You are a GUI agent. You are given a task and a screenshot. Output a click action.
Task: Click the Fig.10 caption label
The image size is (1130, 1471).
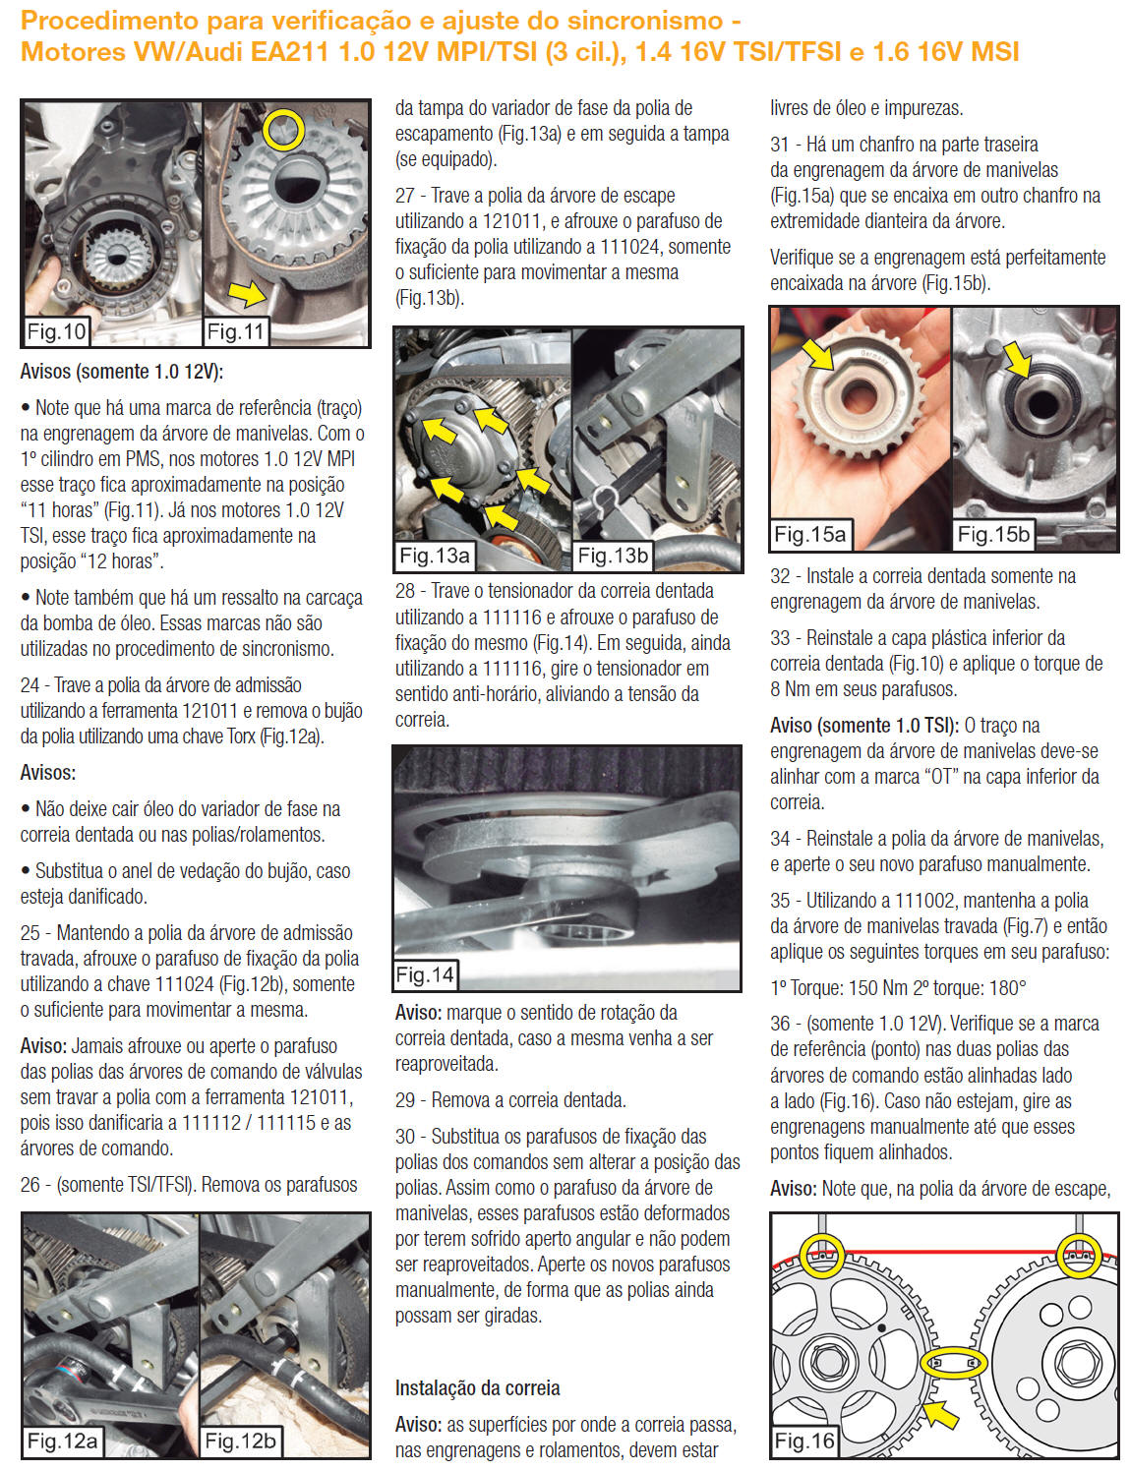56,331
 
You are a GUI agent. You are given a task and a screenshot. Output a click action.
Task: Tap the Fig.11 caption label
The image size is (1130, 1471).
236,331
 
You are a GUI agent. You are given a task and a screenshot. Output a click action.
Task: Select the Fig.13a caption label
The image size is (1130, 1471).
434,556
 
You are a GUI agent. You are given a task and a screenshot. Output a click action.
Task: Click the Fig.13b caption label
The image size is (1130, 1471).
613,556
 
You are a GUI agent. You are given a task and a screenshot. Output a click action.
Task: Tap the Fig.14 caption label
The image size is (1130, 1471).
425,974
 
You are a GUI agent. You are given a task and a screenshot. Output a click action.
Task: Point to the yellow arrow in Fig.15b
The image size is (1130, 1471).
1018,362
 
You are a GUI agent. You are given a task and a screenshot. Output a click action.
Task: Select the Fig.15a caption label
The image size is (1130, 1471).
809,534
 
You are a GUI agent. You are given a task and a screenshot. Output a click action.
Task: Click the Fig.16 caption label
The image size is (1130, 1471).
804,1442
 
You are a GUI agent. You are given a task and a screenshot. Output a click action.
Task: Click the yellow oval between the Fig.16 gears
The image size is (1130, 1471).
953,1364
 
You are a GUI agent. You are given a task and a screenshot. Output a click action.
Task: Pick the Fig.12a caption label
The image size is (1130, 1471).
62,1442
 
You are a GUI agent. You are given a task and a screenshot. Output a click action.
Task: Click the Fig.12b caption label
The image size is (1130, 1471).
240,1442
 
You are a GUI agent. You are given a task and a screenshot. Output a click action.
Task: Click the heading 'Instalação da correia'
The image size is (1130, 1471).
477,1388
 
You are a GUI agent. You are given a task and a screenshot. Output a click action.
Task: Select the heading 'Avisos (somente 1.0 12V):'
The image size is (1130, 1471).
122,372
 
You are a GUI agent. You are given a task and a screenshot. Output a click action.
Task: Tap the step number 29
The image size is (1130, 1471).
405,1100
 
